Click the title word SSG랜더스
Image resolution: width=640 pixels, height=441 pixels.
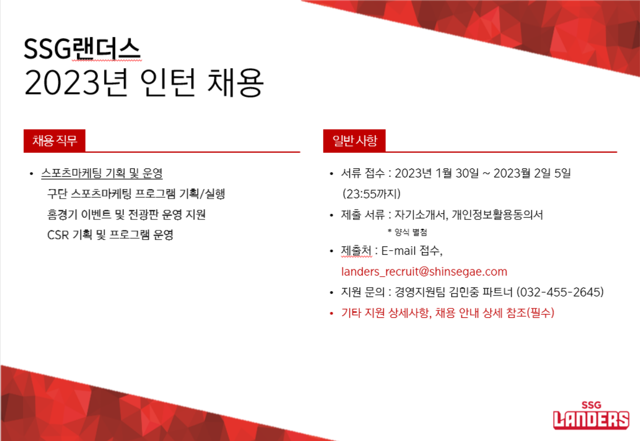(x=82, y=49)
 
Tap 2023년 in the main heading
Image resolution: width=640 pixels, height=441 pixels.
(x=76, y=82)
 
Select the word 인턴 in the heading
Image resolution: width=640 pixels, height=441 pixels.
(x=167, y=82)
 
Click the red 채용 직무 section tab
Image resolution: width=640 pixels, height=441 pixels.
(x=55, y=140)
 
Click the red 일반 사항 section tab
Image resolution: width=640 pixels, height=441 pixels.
(x=354, y=140)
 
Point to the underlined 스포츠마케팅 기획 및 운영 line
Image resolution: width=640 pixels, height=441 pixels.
(x=102, y=173)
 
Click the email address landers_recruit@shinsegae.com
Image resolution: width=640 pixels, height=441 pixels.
(x=424, y=271)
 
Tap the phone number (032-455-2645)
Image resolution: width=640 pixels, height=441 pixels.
(x=560, y=292)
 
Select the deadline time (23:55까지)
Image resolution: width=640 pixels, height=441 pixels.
(x=371, y=194)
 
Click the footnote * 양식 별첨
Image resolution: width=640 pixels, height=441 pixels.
(x=407, y=232)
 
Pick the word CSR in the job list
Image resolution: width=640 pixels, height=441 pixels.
(x=58, y=235)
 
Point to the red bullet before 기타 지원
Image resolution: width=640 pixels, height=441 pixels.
(x=331, y=314)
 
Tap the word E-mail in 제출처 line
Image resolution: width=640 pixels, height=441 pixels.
(x=398, y=251)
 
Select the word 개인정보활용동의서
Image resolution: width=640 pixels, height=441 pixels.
(x=497, y=215)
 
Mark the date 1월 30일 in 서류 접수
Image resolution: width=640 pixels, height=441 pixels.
(x=457, y=173)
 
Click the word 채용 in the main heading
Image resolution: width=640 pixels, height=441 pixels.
(x=234, y=82)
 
